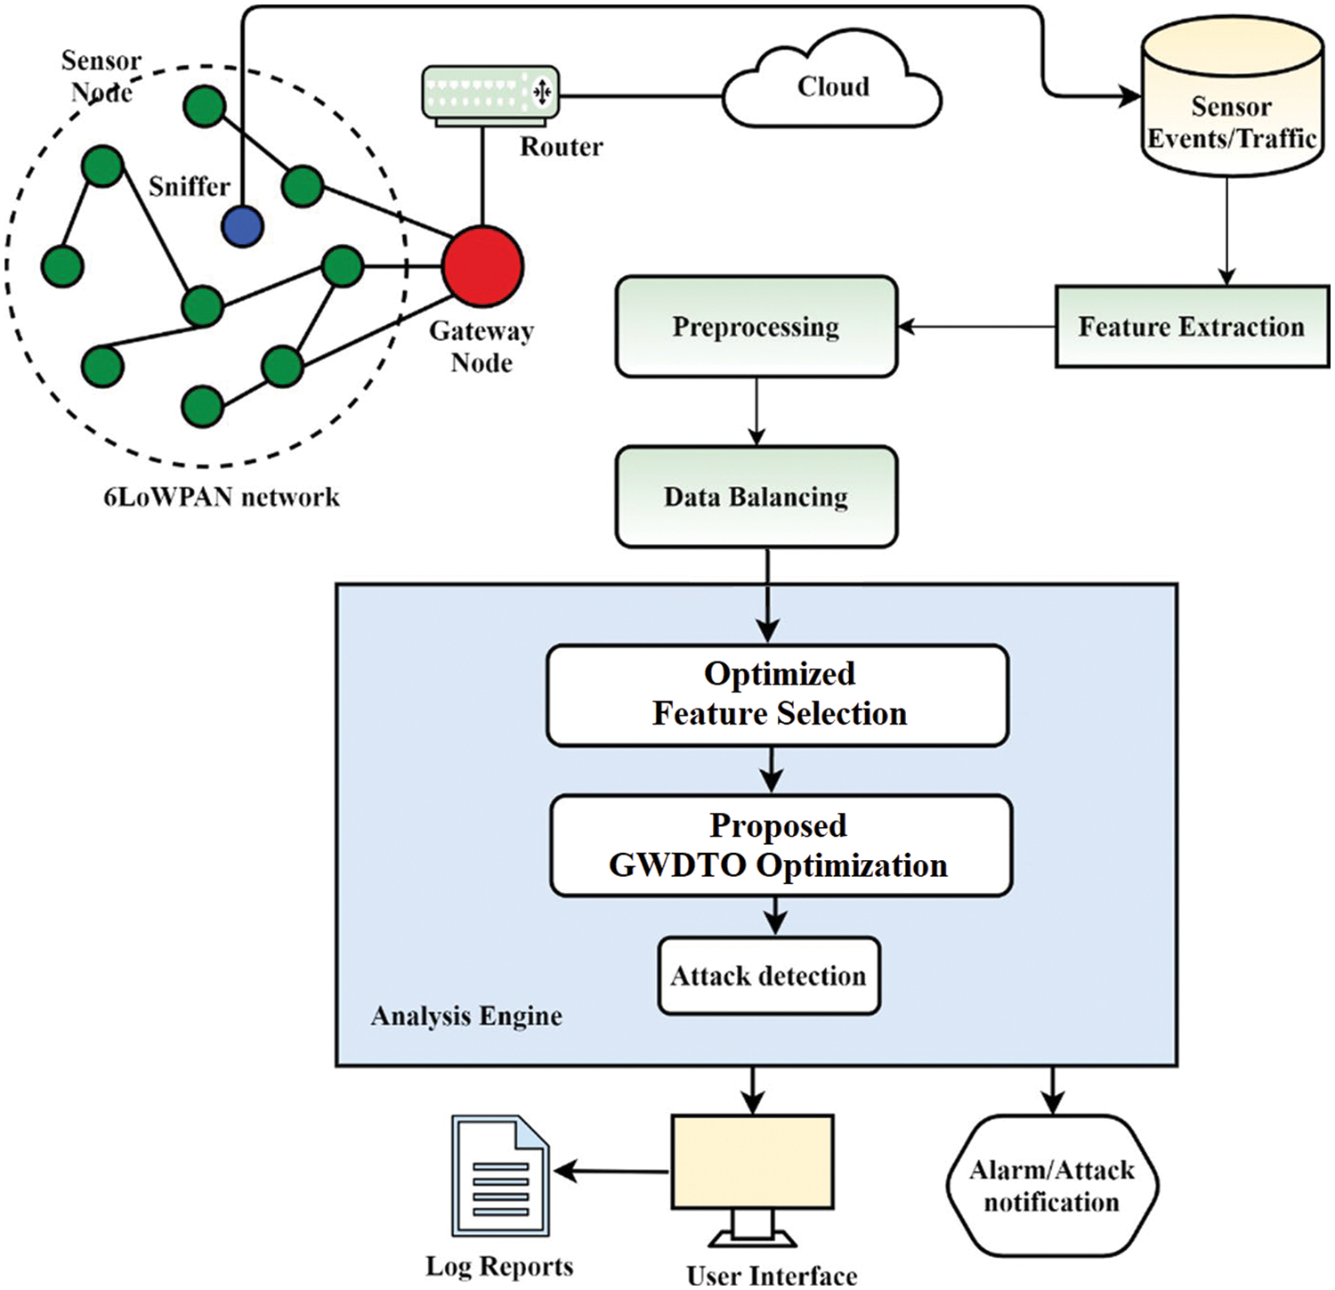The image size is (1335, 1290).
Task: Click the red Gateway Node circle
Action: (x=482, y=266)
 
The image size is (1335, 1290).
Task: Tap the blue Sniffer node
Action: (x=242, y=226)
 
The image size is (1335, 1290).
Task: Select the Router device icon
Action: (x=490, y=93)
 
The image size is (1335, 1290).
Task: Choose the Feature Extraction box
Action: (x=1191, y=327)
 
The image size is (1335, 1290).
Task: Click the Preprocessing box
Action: (x=756, y=327)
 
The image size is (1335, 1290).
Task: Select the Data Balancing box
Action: (x=756, y=497)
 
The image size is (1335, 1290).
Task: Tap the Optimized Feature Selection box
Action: (x=778, y=695)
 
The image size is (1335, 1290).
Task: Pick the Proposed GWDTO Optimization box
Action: (x=780, y=846)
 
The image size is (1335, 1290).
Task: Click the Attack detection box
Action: (x=768, y=976)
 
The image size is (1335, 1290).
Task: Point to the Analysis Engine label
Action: (x=466, y=1016)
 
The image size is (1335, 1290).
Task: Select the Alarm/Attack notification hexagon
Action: (x=1051, y=1186)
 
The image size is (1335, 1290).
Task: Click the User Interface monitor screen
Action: (x=753, y=1162)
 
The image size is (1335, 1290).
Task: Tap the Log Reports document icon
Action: (x=499, y=1176)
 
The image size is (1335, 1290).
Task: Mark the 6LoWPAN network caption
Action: (x=222, y=497)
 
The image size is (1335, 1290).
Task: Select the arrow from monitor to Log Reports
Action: (x=611, y=1172)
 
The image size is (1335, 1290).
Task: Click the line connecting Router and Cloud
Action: (x=641, y=94)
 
